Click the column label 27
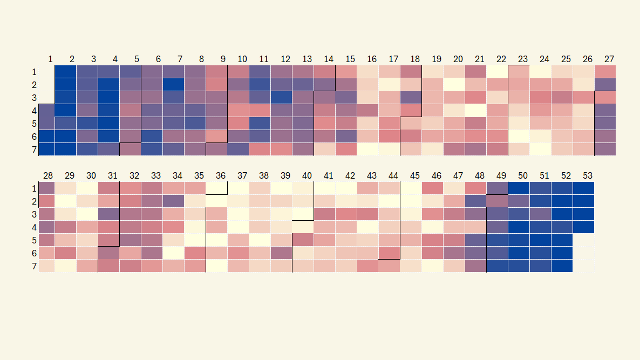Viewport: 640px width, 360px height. point(609,59)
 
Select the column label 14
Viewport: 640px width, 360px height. point(329,59)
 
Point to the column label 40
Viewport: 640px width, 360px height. point(307,175)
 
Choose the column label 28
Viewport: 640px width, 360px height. point(48,175)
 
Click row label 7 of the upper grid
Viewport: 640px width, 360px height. point(34,150)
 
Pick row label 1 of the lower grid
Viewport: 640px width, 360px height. point(34,188)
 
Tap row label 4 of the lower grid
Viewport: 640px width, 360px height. point(34,227)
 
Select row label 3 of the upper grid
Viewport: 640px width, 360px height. point(34,98)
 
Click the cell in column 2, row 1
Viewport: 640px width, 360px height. point(65,71)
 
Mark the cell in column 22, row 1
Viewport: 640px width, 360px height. point(497,71)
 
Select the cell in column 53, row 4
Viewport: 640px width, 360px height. point(583,227)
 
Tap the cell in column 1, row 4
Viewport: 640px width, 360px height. point(46,110)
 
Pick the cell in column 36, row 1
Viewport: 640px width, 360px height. point(216,188)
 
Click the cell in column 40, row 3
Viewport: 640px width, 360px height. point(303,214)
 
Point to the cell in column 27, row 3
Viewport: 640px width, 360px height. point(605,97)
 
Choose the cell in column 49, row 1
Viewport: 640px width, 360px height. point(497,188)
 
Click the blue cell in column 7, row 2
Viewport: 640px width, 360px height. point(173,84)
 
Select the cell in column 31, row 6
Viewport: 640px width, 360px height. point(108,253)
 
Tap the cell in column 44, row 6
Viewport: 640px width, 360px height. point(389,253)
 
